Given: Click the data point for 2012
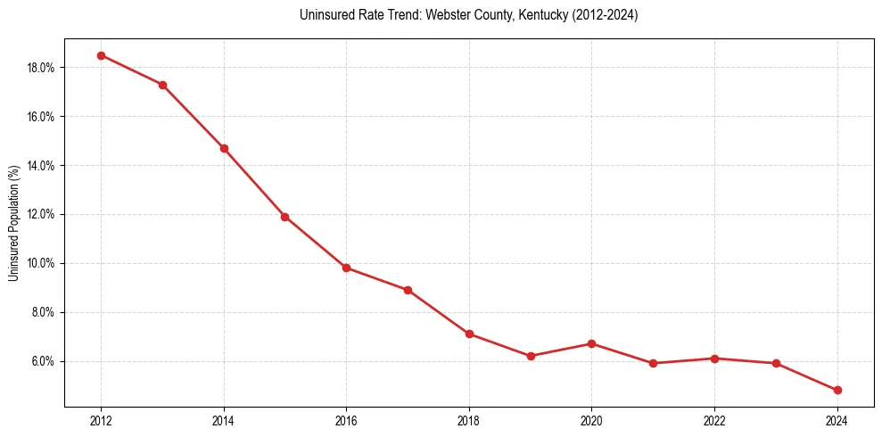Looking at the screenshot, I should pyautogui.click(x=101, y=55).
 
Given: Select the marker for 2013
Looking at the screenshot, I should pyautogui.click(x=162, y=85).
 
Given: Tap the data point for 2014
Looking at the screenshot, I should pyautogui.click(x=224, y=148).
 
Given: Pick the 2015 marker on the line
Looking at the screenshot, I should pyautogui.click(x=284, y=217).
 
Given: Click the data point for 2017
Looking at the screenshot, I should pyautogui.click(x=408, y=290).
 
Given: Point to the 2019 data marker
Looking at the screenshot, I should pyautogui.click(x=531, y=356).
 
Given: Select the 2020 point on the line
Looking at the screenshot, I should pyautogui.click(x=591, y=343).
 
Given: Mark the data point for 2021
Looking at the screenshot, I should pyautogui.click(x=653, y=363).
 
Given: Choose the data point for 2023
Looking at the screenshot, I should pyautogui.click(x=776, y=363).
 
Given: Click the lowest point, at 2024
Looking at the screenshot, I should pyautogui.click(x=837, y=390).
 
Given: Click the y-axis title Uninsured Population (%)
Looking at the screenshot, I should pyautogui.click(x=13, y=223).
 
